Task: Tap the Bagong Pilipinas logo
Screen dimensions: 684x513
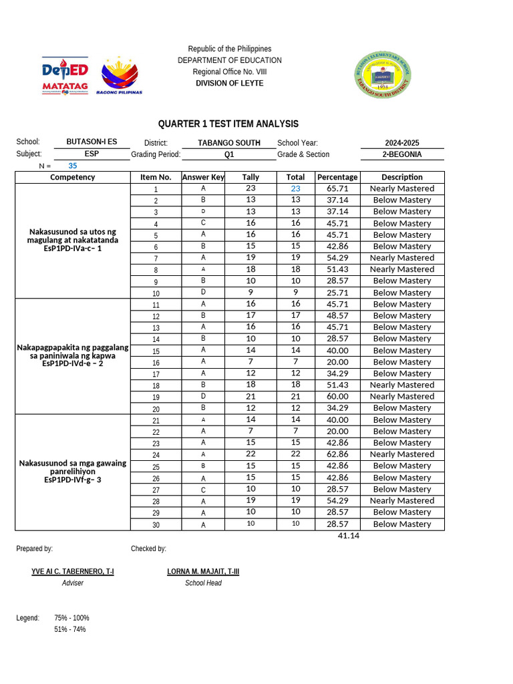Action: pos(120,75)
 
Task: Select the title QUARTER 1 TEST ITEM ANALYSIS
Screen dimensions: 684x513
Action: pos(228,124)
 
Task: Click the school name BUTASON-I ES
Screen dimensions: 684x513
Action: pos(92,142)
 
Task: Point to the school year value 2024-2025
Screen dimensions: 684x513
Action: pos(402,143)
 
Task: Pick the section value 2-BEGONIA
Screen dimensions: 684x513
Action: pos(402,154)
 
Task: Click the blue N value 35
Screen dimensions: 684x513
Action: pos(73,166)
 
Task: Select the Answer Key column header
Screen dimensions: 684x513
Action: pos(203,177)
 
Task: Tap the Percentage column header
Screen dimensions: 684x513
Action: pos(337,177)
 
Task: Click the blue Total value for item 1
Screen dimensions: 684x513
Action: pos(295,189)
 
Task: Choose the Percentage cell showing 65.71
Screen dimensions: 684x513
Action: pos(337,189)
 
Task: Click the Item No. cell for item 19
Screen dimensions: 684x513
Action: pos(156,397)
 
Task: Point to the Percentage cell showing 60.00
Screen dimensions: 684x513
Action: pos(337,397)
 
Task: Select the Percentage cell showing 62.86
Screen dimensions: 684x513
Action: pos(337,454)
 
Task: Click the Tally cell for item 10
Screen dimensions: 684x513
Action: pos(250,293)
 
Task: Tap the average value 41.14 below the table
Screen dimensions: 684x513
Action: pos(349,536)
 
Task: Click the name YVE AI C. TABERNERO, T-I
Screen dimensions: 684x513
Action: pos(73,572)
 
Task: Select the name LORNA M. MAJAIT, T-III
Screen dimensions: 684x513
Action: pos(203,572)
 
